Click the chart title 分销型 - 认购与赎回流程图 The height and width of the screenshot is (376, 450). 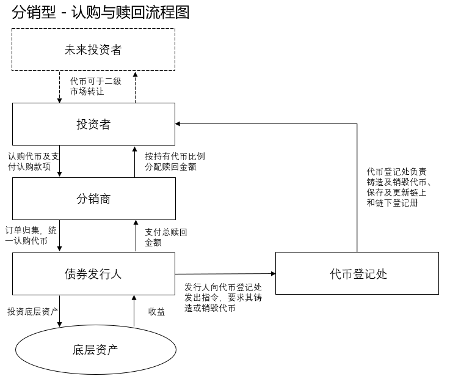click(x=100, y=12)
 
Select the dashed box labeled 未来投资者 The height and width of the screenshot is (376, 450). click(x=93, y=50)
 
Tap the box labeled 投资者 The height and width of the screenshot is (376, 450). click(x=93, y=125)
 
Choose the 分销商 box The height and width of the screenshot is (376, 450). click(x=93, y=199)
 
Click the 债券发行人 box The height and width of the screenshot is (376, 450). click(x=93, y=273)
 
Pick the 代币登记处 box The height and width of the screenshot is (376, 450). click(x=357, y=273)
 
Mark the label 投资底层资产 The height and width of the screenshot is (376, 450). click(x=33, y=312)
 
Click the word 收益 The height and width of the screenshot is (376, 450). click(x=157, y=312)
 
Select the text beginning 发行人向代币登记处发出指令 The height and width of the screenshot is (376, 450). click(x=223, y=297)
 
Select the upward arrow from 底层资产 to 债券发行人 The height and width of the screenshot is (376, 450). click(x=134, y=312)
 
